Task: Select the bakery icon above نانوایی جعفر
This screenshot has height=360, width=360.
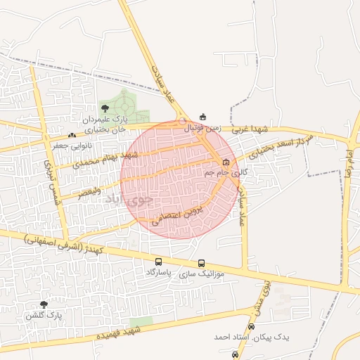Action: pyautogui.click(x=71, y=135)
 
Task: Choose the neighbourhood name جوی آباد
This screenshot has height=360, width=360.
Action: pyautogui.click(x=129, y=199)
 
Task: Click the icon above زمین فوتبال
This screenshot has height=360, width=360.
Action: pyautogui.click(x=204, y=117)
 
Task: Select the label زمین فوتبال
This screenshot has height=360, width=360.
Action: pyautogui.click(x=202, y=129)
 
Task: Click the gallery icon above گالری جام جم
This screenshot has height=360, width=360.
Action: pyautogui.click(x=226, y=162)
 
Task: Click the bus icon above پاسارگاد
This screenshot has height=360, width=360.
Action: pyautogui.click(x=158, y=262)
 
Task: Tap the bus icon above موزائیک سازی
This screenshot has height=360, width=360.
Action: pyautogui.click(x=202, y=263)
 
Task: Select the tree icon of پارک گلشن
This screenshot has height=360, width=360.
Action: pyautogui.click(x=44, y=304)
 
